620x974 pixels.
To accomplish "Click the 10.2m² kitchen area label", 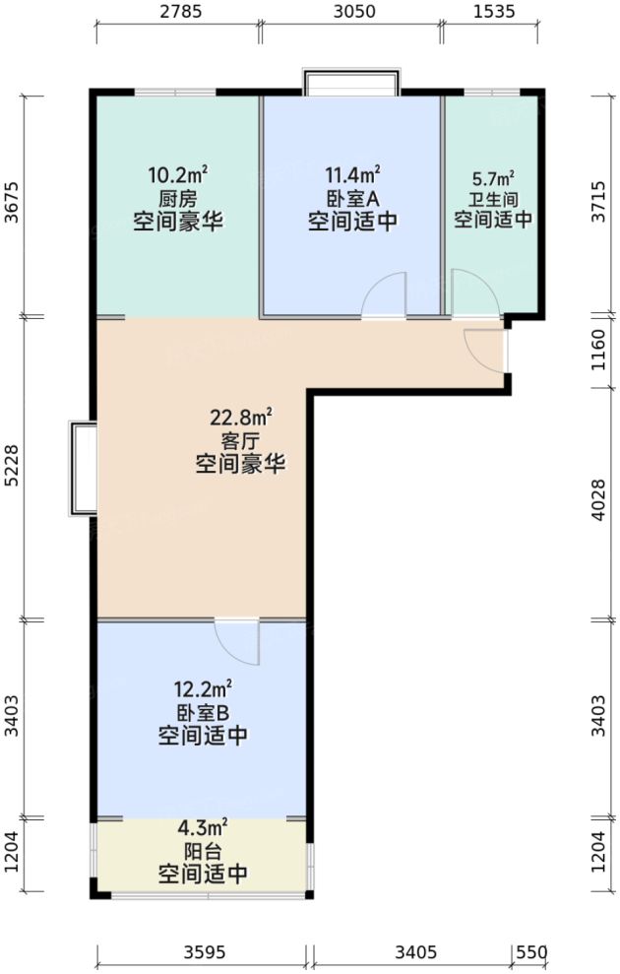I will tap(177, 176).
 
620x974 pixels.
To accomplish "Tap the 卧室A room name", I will tap(352, 196).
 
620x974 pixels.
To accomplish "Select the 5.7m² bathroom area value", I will tap(493, 179).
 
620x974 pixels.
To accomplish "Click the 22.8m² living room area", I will tap(240, 418).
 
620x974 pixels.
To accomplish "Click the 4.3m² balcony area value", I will tap(203, 828).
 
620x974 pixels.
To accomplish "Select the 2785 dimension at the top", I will tap(178, 14).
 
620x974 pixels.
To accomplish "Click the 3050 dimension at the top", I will tap(351, 14).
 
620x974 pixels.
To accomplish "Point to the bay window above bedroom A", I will tap(351, 82).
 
